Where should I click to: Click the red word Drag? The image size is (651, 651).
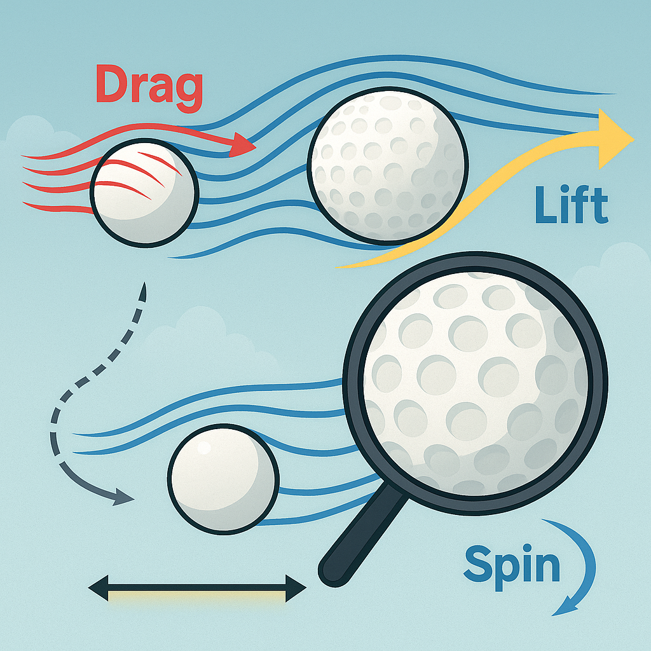pos(149,85)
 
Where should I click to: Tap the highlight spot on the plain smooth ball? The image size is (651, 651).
pos(204,448)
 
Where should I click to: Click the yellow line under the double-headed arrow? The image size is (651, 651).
pos(197,596)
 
